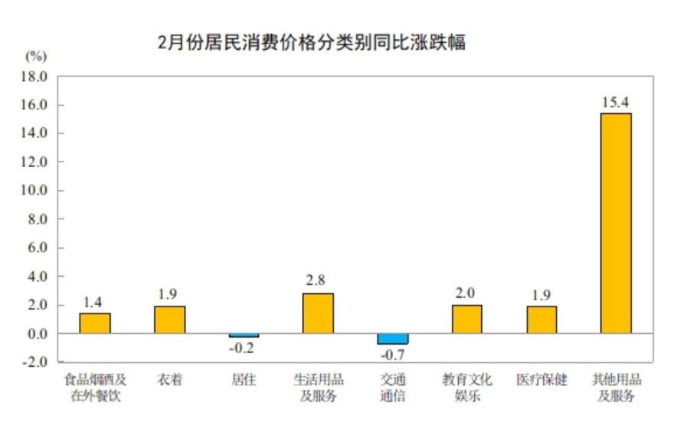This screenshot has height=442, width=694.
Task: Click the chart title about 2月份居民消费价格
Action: [x=311, y=42]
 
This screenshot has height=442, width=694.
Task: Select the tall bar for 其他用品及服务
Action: [x=616, y=224]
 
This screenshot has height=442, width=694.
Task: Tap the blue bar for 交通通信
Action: [x=393, y=339]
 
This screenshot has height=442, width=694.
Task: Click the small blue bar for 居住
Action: [x=244, y=336]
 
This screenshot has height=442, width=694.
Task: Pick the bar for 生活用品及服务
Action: [x=318, y=313]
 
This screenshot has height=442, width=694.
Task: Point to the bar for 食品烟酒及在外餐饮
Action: [x=95, y=323]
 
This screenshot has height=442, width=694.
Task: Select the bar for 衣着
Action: [x=169, y=319]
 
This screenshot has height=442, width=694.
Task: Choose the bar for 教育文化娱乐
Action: [x=467, y=319]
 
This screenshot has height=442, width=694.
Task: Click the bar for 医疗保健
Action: [x=542, y=319]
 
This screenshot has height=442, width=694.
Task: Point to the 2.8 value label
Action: [x=318, y=281]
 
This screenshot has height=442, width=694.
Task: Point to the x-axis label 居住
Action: [x=244, y=379]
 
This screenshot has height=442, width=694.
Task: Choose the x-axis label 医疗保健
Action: [x=542, y=379]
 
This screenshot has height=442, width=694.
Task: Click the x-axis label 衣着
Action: [x=169, y=379]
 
